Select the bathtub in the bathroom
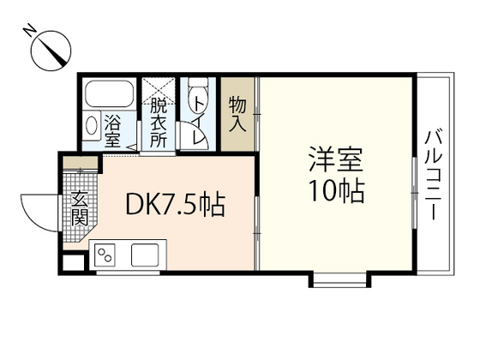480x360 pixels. pyautogui.click(x=109, y=95)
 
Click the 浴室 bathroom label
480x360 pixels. pyautogui.click(x=112, y=130)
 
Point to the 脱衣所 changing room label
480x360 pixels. pyautogui.click(x=158, y=124)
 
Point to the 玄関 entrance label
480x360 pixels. pyautogui.click(x=79, y=210)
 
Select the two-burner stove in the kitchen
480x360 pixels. pyautogui.click(x=107, y=255)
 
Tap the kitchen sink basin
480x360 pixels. pyautogui.click(x=142, y=255)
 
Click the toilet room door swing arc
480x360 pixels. pyautogui.click(x=189, y=137)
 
